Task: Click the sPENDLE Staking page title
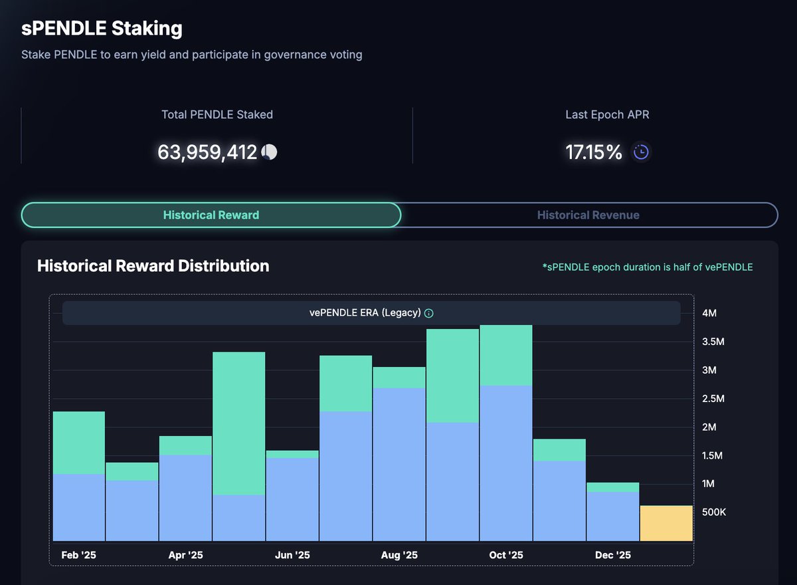click(x=102, y=29)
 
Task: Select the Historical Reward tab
click(x=211, y=215)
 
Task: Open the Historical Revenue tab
click(x=588, y=215)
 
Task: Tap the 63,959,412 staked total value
click(x=207, y=152)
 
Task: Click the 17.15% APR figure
click(x=594, y=152)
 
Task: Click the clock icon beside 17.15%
click(x=640, y=152)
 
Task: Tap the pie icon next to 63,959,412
click(x=270, y=152)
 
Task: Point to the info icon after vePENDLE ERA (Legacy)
click(x=429, y=313)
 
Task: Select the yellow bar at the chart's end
click(x=666, y=523)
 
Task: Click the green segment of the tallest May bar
click(x=239, y=423)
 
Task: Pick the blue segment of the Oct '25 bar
click(x=506, y=463)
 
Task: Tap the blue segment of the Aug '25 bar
click(x=399, y=464)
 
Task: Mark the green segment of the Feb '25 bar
click(x=79, y=443)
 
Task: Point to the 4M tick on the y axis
click(x=709, y=313)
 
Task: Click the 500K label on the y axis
click(x=714, y=513)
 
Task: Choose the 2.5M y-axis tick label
click(x=713, y=398)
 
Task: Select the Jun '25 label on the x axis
click(x=292, y=555)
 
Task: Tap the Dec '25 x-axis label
click(x=613, y=555)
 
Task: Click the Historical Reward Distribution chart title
click(x=153, y=266)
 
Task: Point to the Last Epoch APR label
click(x=607, y=114)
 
